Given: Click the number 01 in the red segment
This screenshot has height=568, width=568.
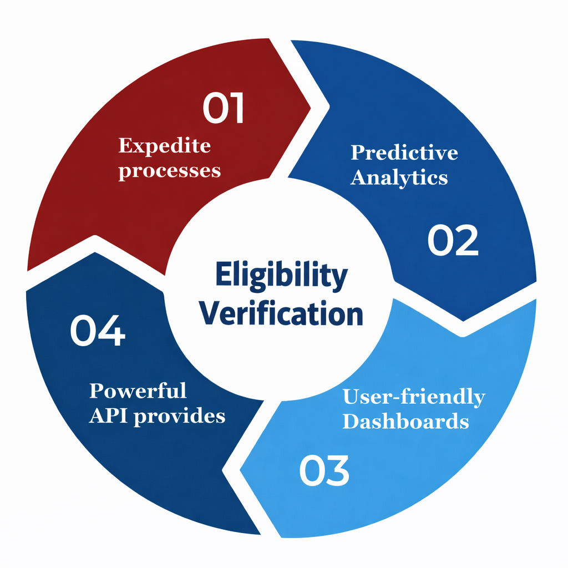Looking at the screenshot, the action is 223,108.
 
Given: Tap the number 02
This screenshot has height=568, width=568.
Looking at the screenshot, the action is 453,240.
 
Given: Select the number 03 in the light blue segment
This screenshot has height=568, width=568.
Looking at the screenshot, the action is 324,470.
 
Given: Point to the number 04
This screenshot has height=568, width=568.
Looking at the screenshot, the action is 98,330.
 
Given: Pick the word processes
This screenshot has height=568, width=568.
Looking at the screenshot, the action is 170,171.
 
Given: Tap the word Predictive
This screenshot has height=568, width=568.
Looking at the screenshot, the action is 404,153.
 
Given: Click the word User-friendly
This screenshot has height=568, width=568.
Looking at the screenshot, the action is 414,397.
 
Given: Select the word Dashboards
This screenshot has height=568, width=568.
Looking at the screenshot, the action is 405,422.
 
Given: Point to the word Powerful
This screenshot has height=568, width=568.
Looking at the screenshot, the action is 138,390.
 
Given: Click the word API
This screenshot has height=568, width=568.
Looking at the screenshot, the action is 108,415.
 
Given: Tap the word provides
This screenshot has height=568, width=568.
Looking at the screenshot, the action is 180,417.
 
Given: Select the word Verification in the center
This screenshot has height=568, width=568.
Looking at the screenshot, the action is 281,313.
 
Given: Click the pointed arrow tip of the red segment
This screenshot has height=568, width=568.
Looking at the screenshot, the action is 311,108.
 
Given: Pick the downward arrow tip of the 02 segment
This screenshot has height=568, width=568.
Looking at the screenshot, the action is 463,321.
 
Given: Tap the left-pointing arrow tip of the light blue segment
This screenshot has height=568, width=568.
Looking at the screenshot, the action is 240,470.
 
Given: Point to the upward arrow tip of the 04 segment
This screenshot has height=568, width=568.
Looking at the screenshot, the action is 95,252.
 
